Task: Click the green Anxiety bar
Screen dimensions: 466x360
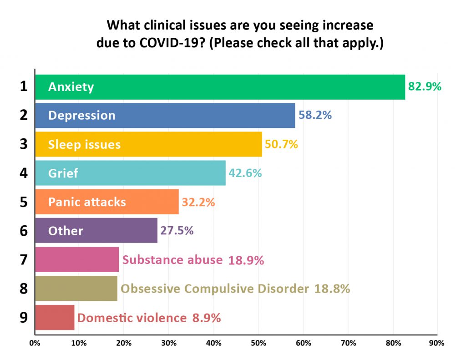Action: point(220,87)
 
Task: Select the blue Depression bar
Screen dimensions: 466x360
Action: point(165,116)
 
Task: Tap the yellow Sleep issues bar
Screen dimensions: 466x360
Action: point(149,144)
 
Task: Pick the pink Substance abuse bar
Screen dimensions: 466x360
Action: point(77,259)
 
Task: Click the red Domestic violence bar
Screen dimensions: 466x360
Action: point(55,318)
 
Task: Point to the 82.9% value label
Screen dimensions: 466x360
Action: point(425,86)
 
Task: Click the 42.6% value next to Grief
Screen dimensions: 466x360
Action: point(245,173)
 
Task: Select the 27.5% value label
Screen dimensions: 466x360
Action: point(177,231)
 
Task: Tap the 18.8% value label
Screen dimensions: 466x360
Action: point(332,289)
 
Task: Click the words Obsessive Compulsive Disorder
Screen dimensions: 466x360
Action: point(215,289)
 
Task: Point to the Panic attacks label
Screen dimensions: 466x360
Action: point(87,202)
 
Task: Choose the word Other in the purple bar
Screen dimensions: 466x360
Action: point(66,231)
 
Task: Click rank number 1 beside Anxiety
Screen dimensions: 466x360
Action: point(24,86)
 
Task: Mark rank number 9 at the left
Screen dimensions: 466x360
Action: point(24,318)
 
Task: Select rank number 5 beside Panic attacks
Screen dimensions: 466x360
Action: point(24,202)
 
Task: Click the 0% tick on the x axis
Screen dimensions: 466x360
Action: point(35,343)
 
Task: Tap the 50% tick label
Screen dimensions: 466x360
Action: point(258,343)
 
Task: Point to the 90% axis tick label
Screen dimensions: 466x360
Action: point(436,343)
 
